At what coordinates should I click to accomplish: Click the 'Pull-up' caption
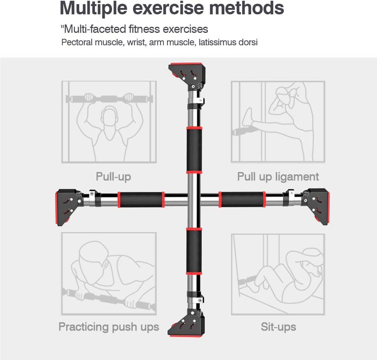click(113, 177)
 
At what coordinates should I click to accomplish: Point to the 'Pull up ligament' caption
click(278, 177)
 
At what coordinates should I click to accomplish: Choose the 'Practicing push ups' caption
click(109, 326)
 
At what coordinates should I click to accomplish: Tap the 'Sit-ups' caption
click(278, 326)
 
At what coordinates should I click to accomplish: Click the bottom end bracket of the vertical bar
click(187, 321)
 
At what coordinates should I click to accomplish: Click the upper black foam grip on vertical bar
click(194, 150)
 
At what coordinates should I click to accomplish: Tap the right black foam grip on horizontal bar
click(242, 200)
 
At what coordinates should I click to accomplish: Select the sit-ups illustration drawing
click(278, 274)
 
